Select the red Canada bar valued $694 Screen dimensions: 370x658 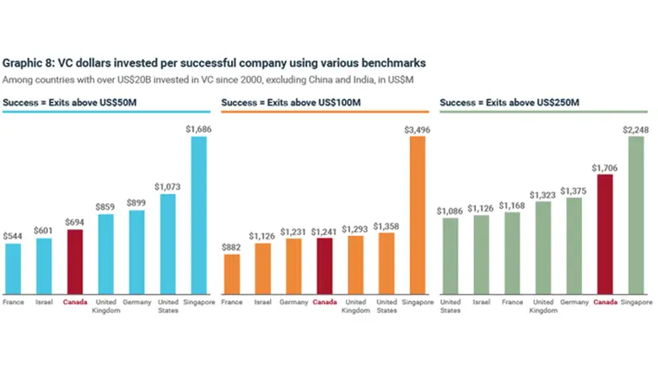pyautogui.click(x=75, y=260)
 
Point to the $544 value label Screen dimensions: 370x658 pyautogui.click(x=13, y=236)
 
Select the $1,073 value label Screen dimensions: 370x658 pyautogui.click(x=167, y=185)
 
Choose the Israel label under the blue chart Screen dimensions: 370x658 pyautogui.click(x=43, y=301)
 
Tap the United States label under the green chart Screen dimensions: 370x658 pyautogui.click(x=450, y=305)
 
